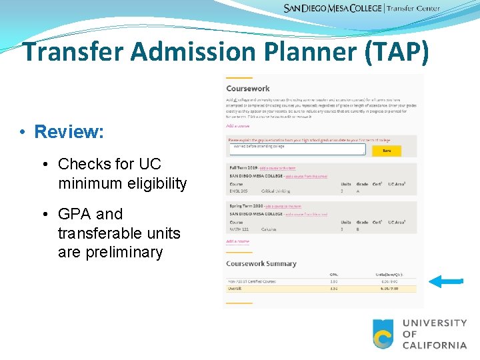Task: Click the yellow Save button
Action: (387, 151)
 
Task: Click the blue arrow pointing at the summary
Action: (445, 282)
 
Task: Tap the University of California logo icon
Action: (383, 334)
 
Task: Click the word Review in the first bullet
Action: (69, 132)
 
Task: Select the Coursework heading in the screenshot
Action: (248, 89)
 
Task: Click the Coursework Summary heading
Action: (261, 264)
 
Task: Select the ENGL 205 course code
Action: (239, 191)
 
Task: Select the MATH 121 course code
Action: (239, 229)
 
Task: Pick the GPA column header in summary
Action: (334, 274)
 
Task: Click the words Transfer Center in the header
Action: (413, 9)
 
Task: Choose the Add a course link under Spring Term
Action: (237, 241)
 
